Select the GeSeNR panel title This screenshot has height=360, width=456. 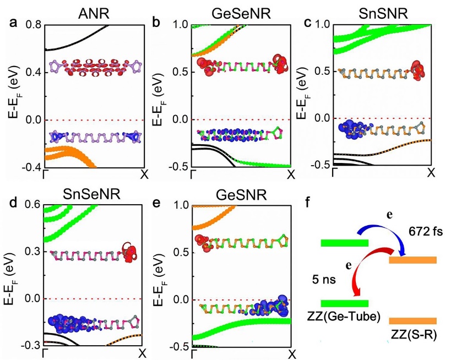click(242, 10)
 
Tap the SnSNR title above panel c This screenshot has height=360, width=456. click(383, 10)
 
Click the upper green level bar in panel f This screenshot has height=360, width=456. click(345, 243)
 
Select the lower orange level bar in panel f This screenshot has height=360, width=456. click(413, 321)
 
